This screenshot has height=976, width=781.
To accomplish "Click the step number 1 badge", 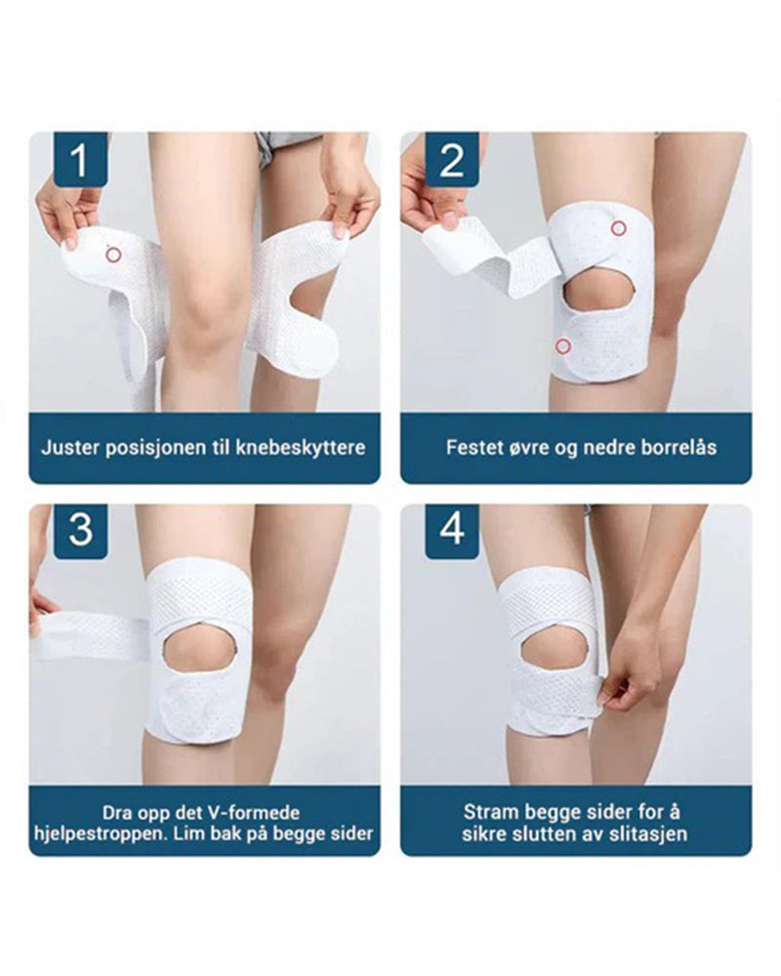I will point(79,159).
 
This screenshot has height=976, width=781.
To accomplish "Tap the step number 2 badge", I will point(451,159).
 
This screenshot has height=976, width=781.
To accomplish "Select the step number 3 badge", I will point(79,530).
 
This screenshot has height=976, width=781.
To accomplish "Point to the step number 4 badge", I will point(451,530).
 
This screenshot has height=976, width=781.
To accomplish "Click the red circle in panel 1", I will point(113,255).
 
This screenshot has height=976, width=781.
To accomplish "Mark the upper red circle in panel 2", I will point(617,228).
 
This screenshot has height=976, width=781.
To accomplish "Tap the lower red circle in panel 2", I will point(562,346).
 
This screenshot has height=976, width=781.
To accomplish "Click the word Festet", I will point(473,448).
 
